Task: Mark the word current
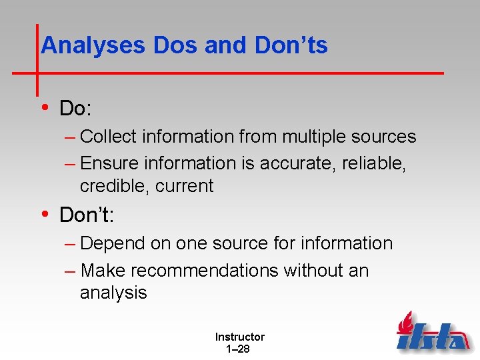(x=185, y=186)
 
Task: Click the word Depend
(x=112, y=244)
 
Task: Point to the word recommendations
(x=205, y=271)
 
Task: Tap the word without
(x=313, y=271)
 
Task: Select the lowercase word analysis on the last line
(x=113, y=293)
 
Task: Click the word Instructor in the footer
(x=239, y=337)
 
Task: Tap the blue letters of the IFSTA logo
(x=433, y=339)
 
